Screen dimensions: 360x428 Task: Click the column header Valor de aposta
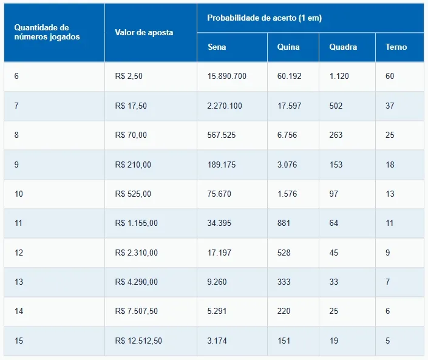[144, 32]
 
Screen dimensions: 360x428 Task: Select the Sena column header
[217, 47]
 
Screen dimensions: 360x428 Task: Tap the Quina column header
[288, 47]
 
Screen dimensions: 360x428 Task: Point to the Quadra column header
[343, 47]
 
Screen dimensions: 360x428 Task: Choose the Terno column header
[396, 47]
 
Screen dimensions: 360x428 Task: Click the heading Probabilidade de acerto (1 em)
[264, 18]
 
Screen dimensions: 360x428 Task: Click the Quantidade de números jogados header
[41, 32]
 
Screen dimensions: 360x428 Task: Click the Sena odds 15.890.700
[226, 76]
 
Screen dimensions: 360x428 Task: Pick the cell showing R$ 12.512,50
[138, 341]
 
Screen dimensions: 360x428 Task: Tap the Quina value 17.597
[289, 106]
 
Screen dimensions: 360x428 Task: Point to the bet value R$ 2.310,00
[136, 253]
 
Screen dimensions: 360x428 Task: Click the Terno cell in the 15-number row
[388, 341]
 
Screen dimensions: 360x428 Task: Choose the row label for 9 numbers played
[17, 165]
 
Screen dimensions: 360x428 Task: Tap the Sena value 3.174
[217, 341]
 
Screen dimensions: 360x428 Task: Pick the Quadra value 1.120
[338, 76]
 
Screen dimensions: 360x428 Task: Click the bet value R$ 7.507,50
[136, 311]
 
